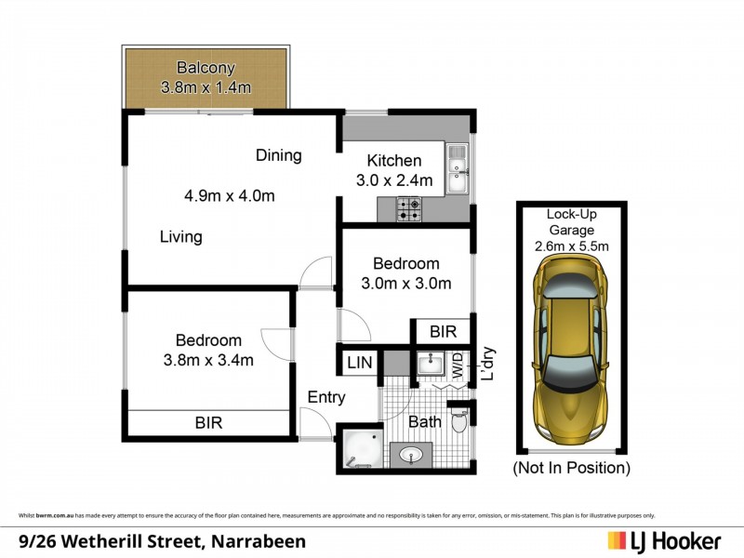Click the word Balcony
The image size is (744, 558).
207,68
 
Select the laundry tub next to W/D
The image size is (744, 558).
430,364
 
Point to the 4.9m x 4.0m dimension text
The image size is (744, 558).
229,196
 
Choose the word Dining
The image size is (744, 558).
278,155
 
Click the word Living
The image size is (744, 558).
180,237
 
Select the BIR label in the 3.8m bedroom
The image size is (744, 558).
208,423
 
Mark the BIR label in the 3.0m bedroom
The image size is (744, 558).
443,330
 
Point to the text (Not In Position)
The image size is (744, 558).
571,468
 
